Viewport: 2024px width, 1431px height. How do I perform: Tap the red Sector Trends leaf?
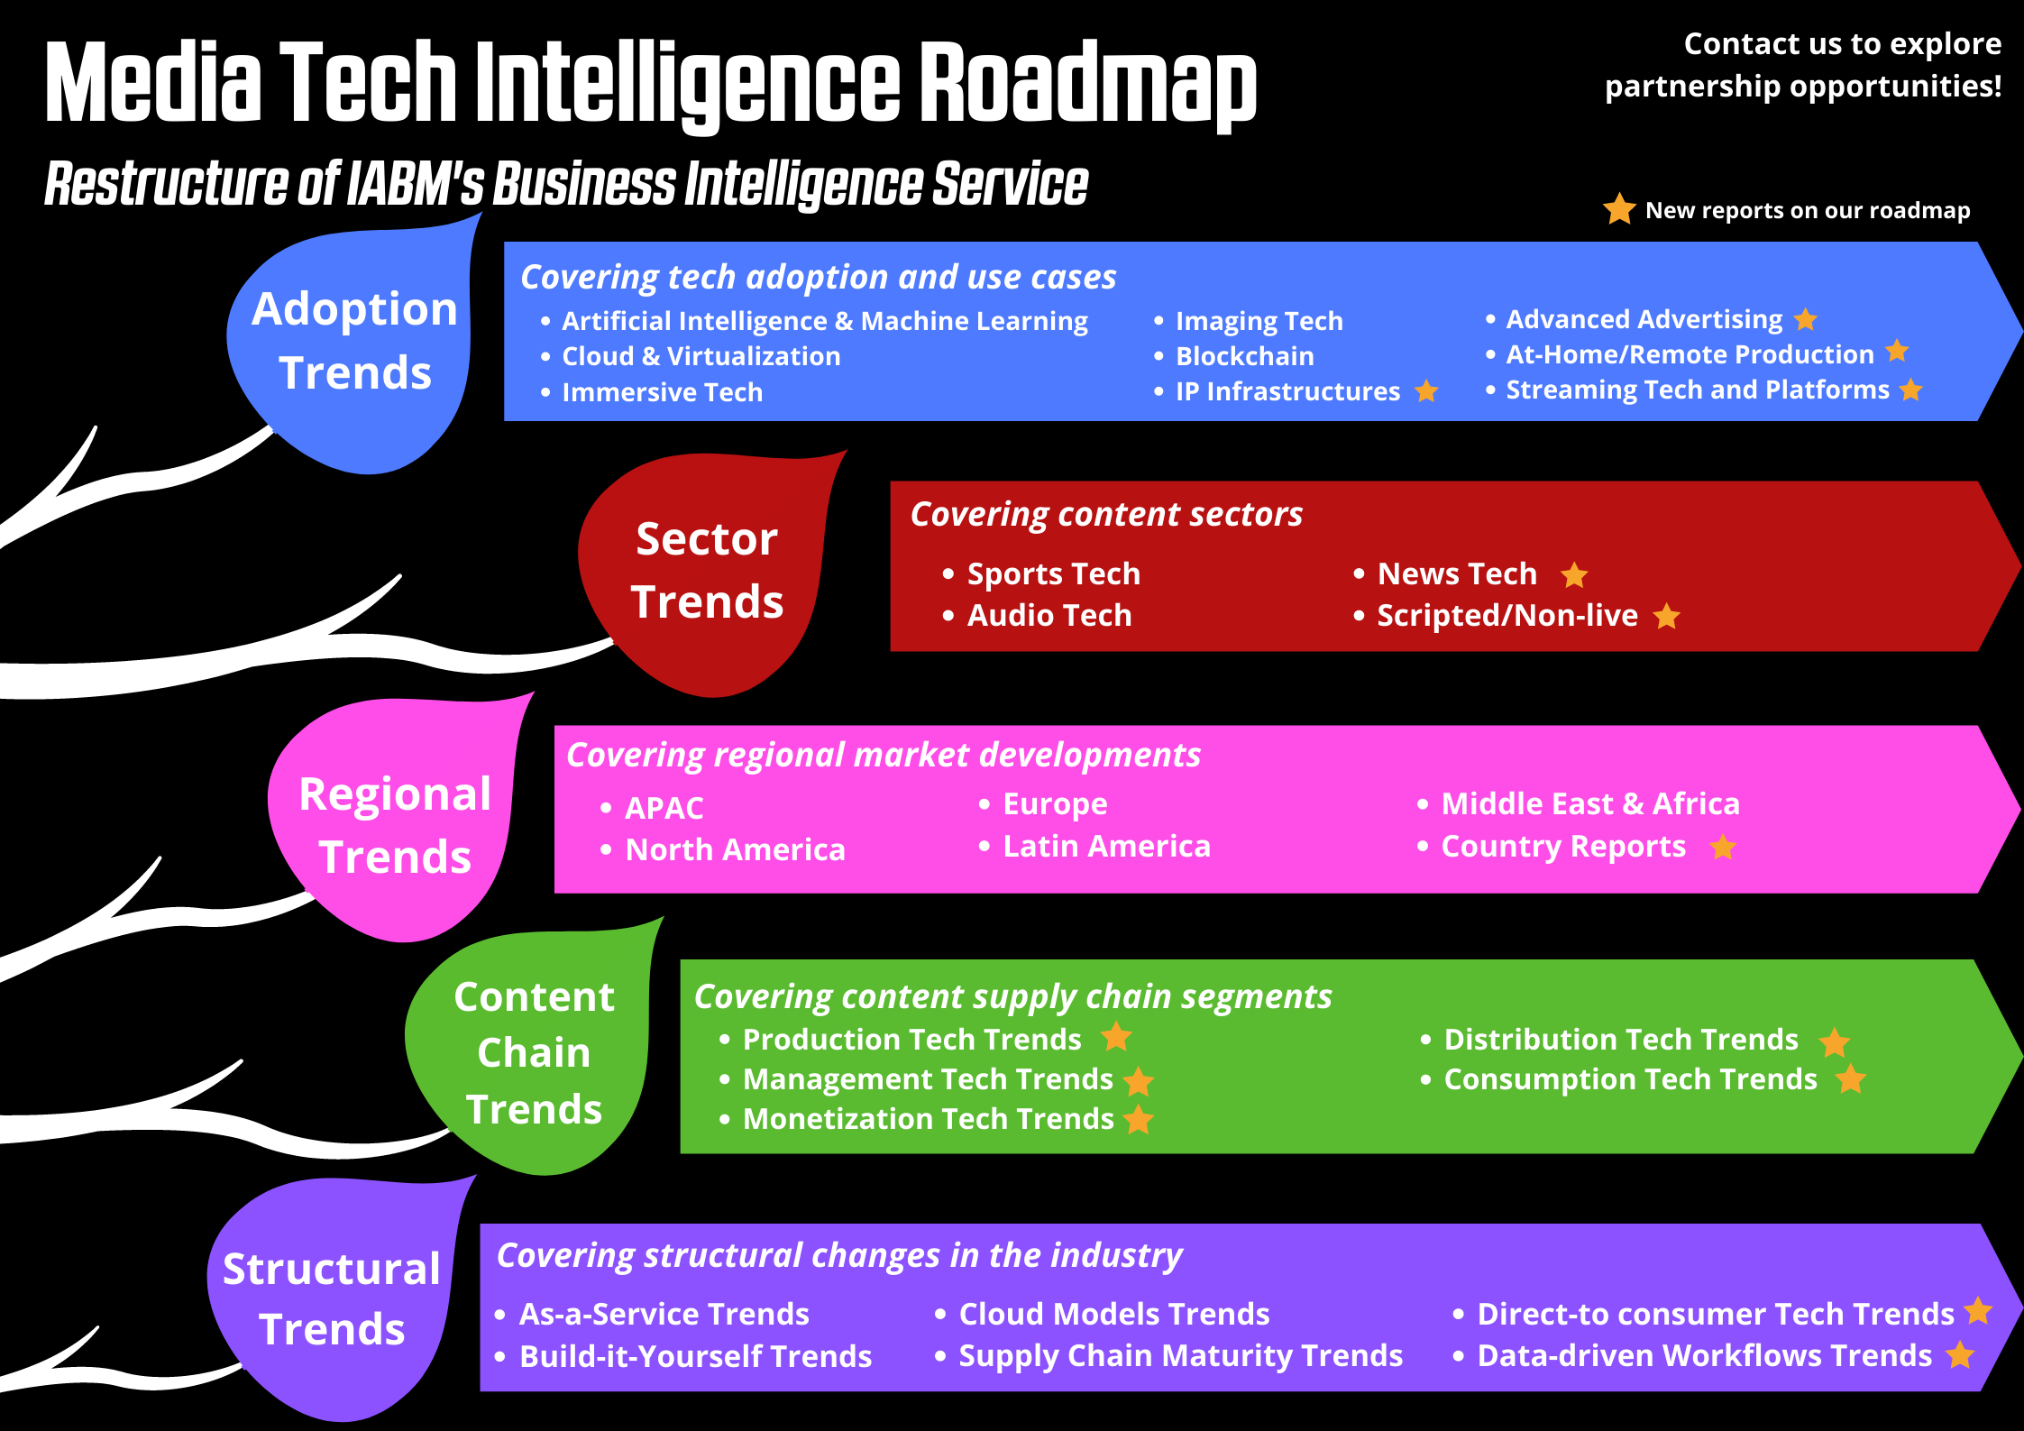tap(708, 573)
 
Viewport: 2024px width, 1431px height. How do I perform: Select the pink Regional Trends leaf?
tap(397, 821)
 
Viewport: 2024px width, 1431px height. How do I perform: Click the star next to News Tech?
tap(1574, 574)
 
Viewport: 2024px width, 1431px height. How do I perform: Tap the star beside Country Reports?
tap(1723, 847)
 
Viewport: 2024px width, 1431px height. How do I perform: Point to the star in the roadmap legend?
tap(1619, 208)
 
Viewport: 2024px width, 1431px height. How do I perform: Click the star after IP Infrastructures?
tap(1426, 391)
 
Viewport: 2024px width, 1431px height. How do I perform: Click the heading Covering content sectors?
tap(1106, 514)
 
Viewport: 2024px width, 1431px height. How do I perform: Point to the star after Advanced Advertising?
tap(1805, 319)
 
